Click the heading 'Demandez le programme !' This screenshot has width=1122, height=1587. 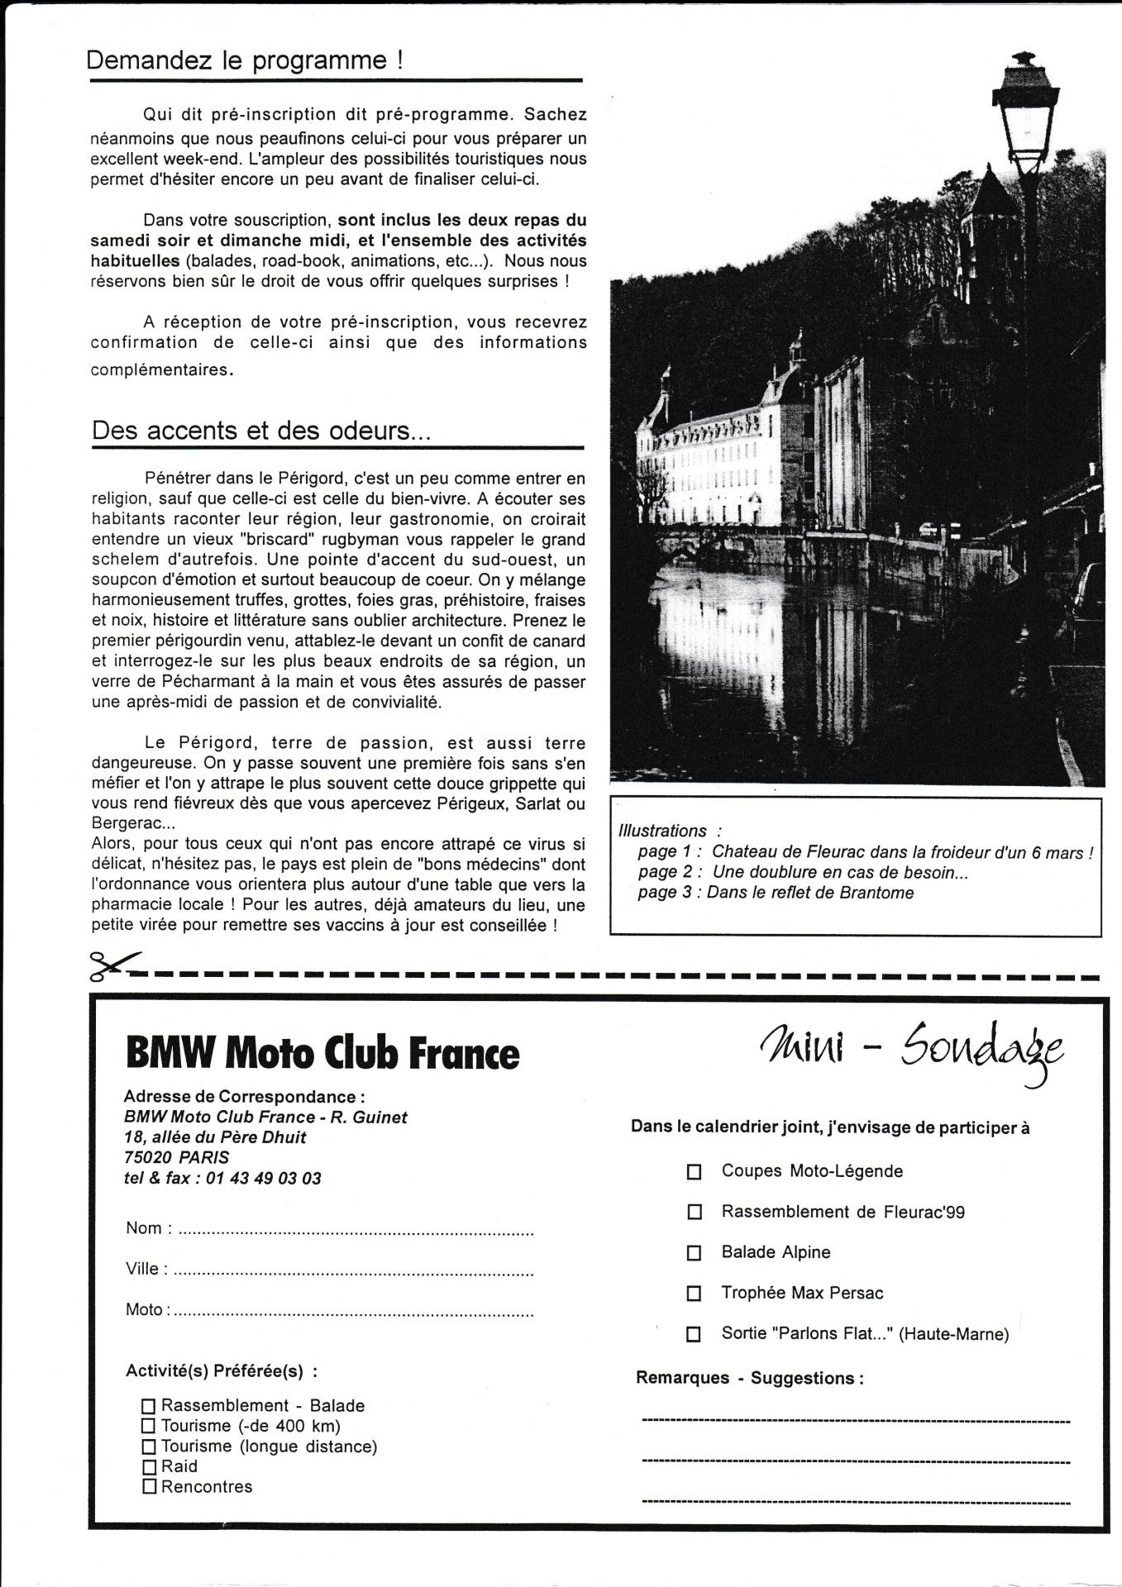click(x=245, y=61)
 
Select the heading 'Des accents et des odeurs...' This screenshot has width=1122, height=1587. click(x=261, y=431)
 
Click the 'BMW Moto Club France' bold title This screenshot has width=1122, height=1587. click(x=322, y=1054)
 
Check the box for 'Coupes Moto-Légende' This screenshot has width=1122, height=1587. click(x=695, y=1172)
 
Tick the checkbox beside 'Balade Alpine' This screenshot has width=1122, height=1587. click(x=695, y=1253)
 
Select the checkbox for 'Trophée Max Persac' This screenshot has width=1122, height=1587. click(x=695, y=1294)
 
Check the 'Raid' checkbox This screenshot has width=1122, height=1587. click(x=149, y=1467)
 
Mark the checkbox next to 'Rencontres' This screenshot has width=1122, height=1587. click(x=149, y=1487)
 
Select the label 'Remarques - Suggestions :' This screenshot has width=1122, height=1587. click(x=749, y=1378)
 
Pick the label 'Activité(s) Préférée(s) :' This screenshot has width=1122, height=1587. click(x=221, y=1370)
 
